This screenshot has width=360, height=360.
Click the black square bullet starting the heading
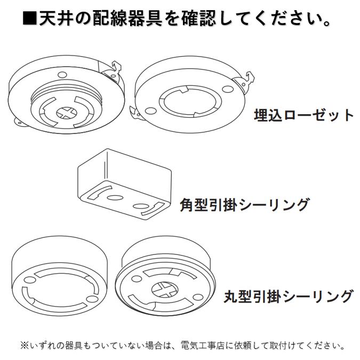click(x=30, y=19)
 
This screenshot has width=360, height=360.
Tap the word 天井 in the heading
click(x=55, y=19)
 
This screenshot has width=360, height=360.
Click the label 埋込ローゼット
click(x=303, y=115)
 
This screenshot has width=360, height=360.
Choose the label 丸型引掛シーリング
click(x=289, y=295)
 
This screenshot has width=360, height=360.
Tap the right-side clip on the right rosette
click(x=245, y=81)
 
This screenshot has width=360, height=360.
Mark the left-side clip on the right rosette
click(x=137, y=113)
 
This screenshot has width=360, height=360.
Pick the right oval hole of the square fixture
click(x=141, y=205)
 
